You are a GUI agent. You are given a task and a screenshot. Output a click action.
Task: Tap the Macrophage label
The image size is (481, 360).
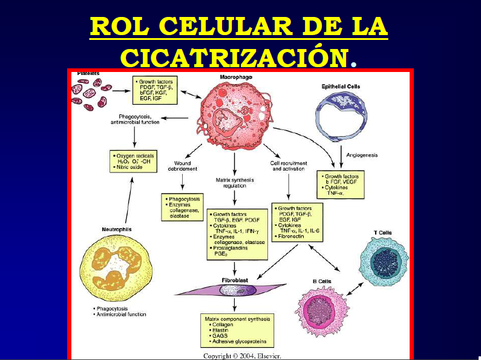(x=237, y=77)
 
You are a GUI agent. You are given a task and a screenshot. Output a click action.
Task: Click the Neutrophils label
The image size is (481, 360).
(x=116, y=229)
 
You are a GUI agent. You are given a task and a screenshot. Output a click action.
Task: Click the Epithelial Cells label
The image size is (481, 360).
(x=341, y=87)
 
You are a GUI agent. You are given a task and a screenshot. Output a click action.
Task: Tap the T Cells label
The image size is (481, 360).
(x=400, y=232)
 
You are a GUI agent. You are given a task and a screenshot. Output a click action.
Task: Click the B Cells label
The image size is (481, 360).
(x=322, y=281)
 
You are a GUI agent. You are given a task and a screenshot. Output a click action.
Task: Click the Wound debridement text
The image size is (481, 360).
(x=182, y=166)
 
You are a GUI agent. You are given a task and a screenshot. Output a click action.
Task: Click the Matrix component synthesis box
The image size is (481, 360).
(x=237, y=330)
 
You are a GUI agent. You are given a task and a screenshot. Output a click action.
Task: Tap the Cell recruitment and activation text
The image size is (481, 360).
(x=289, y=166)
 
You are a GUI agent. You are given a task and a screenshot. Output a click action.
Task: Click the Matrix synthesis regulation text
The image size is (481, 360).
(x=235, y=183)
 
